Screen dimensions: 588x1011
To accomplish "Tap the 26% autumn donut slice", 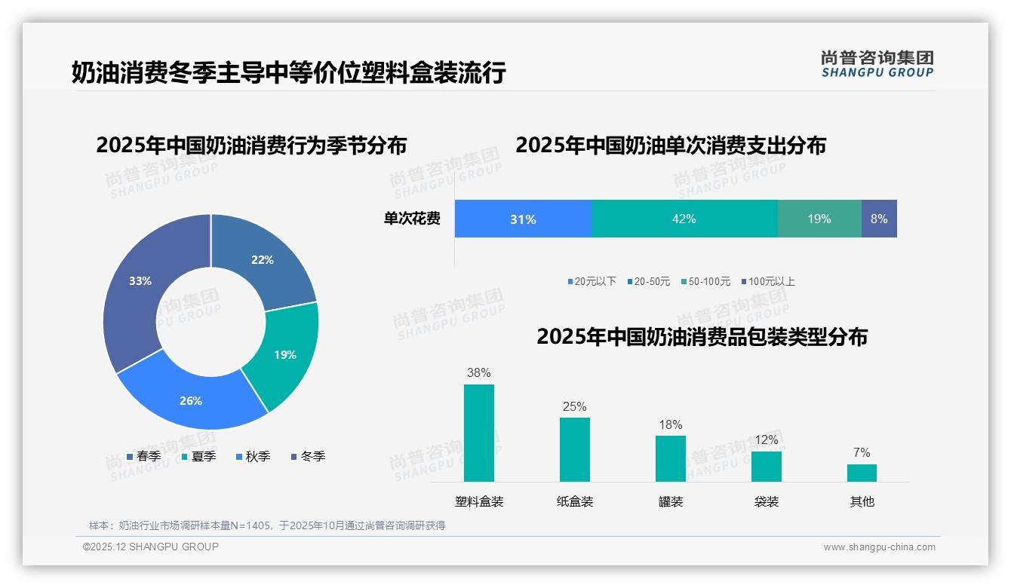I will [x=192, y=400].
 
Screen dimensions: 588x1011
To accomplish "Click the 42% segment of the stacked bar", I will [x=684, y=219].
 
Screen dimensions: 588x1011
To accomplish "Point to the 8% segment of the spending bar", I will [x=879, y=219].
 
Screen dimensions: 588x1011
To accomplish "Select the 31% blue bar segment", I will [x=523, y=219].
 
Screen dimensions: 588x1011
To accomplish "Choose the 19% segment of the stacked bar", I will [x=819, y=219].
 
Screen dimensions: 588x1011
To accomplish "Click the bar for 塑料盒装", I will [x=479, y=433].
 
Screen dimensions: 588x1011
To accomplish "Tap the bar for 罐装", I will [x=670, y=458].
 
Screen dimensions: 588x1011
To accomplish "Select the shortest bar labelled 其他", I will [x=862, y=473].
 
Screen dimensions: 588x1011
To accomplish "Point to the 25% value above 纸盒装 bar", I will [x=574, y=407].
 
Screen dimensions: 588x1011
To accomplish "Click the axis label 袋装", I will [x=767, y=501].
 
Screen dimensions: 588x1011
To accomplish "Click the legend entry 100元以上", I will [x=770, y=281].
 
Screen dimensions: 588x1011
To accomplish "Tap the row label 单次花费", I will [x=412, y=219].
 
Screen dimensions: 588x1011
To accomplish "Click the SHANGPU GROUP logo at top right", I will [x=877, y=64].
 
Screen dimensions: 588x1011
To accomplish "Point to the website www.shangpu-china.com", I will [x=879, y=547].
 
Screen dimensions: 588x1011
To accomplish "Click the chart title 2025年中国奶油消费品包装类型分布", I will [x=702, y=337].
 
